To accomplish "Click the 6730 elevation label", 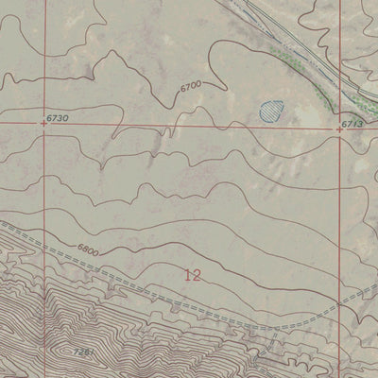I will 59,117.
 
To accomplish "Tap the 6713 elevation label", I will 354,123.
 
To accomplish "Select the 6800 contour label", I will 90,251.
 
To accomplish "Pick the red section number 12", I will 193,276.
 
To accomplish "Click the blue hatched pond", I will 272,111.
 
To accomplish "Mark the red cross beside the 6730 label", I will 43,122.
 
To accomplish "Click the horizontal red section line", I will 189,124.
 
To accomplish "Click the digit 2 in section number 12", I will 198,276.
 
